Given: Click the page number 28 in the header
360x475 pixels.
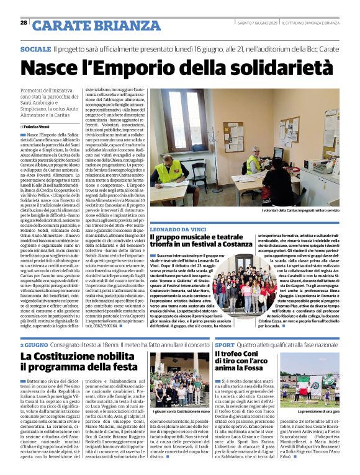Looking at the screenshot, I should (24, 23).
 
